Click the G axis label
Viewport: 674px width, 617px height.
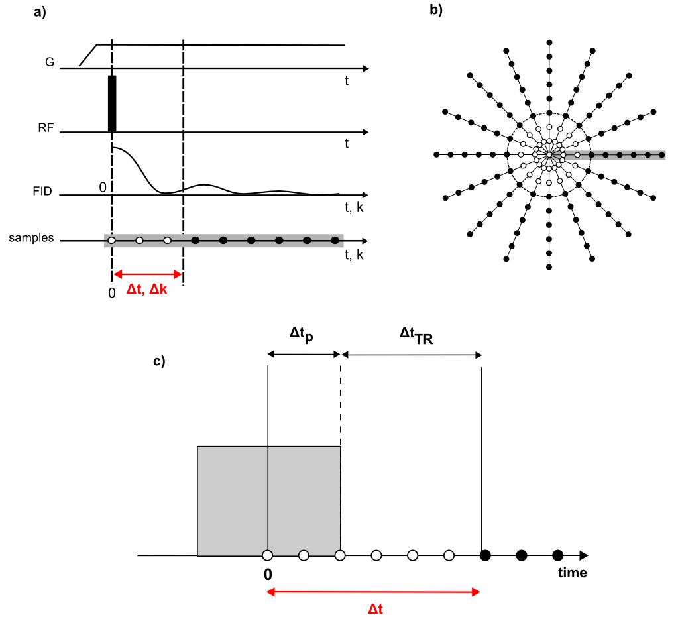click(x=50, y=62)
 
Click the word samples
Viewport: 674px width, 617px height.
click(x=31, y=237)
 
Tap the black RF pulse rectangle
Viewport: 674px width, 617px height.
click(x=112, y=104)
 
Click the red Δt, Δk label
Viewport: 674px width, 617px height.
click(x=146, y=290)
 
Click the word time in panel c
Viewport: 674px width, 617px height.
click(x=571, y=573)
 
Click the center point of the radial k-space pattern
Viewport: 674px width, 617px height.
click(x=549, y=155)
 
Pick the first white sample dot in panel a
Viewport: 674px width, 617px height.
click(x=112, y=240)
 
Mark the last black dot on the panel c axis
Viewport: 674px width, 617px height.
click(x=557, y=555)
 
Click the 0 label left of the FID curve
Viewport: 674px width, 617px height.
click(x=103, y=188)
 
